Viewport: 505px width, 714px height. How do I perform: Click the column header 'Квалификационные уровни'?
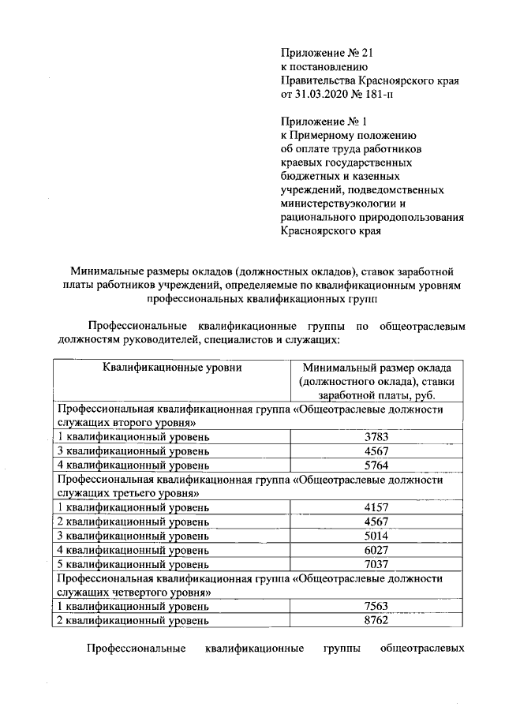click(171, 367)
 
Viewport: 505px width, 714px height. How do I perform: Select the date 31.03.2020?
click(320, 94)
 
